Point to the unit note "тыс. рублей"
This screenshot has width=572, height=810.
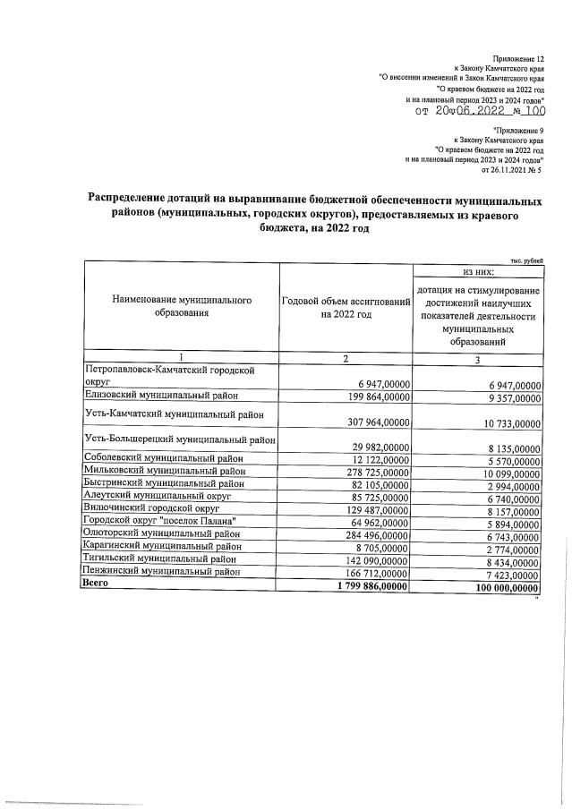(525, 259)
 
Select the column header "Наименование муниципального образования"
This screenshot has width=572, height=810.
(182, 308)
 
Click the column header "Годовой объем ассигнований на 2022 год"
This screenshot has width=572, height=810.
(346, 308)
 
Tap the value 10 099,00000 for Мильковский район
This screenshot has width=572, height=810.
(506, 473)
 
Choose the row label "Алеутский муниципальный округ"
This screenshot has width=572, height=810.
(157, 495)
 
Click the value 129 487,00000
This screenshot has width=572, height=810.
(375, 509)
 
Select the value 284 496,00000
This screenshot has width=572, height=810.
(375, 534)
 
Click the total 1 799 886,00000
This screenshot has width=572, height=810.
(369, 585)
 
